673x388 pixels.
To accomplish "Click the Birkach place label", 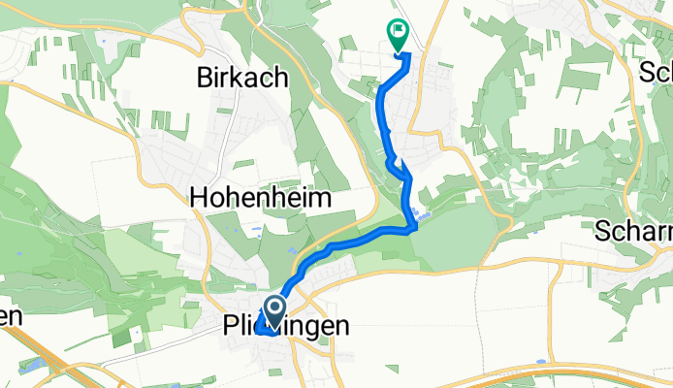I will (241, 78).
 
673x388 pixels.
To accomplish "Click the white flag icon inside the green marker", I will (399, 32).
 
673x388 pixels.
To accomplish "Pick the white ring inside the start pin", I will (274, 309).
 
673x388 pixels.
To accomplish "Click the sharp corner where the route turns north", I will (414, 227).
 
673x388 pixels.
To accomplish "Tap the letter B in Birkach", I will (205, 78).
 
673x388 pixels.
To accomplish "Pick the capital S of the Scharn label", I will (602, 233).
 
